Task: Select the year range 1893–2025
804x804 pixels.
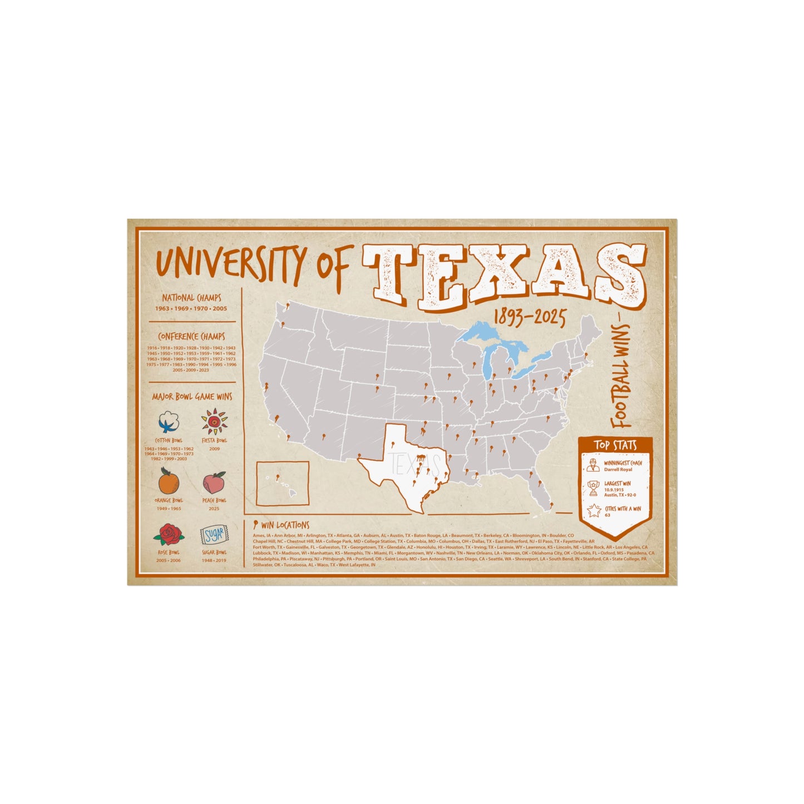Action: [529, 319]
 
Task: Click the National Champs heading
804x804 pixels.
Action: [191, 298]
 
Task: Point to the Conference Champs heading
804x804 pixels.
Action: [191, 337]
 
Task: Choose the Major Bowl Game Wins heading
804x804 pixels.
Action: [192, 397]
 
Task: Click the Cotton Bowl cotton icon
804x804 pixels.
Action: [169, 422]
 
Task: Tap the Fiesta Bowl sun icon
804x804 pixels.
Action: [214, 422]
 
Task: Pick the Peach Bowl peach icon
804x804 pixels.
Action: [214, 482]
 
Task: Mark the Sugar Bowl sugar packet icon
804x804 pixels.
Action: [214, 535]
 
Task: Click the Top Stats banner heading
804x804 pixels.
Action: [615, 445]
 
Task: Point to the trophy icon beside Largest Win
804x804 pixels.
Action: [593, 489]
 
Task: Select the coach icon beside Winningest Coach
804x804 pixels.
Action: [593, 465]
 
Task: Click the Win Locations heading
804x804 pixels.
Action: [284, 525]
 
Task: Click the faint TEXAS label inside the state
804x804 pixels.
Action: [415, 463]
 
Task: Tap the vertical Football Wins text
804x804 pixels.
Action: [623, 377]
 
